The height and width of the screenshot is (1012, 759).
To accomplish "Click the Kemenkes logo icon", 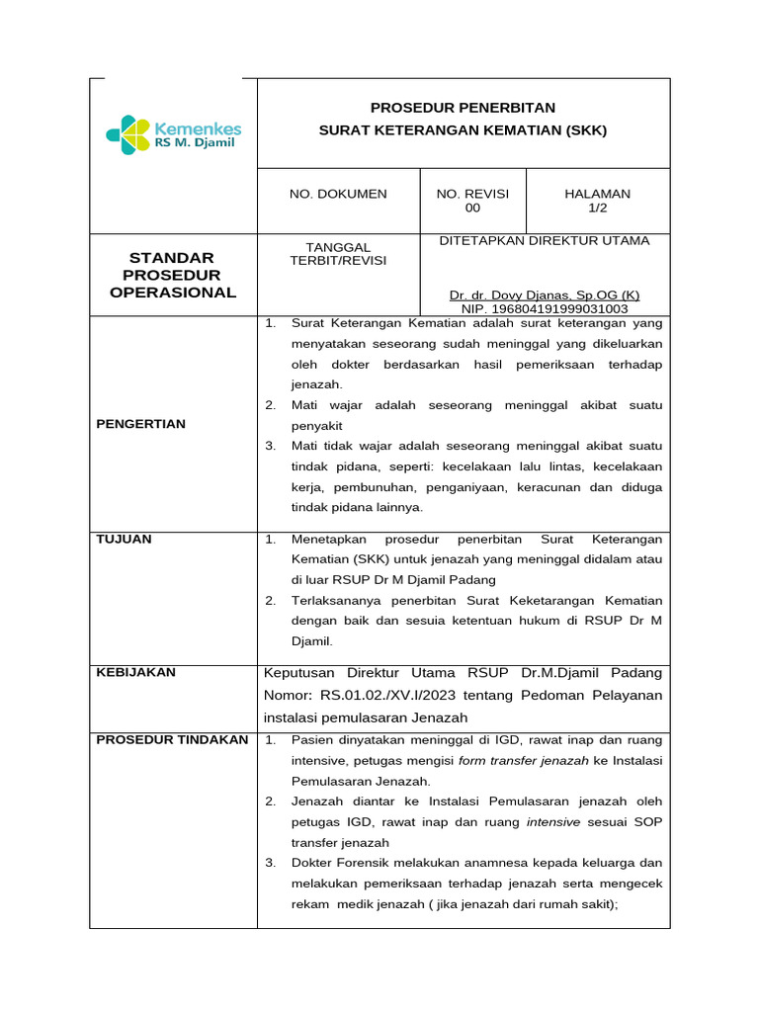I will [x=128, y=134].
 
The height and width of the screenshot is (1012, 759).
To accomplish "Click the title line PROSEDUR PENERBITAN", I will [x=463, y=108].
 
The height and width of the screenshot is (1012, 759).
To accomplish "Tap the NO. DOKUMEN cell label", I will [x=338, y=194].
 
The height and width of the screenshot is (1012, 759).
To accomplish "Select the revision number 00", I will [x=472, y=209].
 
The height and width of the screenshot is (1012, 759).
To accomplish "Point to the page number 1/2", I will [x=597, y=209].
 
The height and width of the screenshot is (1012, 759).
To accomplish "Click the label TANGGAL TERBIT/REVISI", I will [x=338, y=253].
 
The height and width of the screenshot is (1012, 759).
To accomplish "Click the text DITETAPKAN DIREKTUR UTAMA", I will [x=545, y=240].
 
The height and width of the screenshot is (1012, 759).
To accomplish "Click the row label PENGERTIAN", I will [x=140, y=424].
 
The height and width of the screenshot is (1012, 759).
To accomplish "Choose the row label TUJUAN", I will [x=124, y=539].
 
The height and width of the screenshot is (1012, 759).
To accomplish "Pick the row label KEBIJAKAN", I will [x=135, y=672].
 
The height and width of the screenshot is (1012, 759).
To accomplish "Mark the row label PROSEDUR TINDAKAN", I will [x=172, y=739].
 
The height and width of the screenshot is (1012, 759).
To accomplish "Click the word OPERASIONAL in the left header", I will [x=173, y=293].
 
